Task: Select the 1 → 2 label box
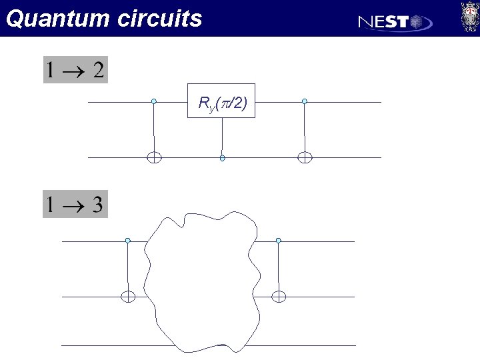[x=75, y=70]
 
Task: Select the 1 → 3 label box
[x=75, y=204]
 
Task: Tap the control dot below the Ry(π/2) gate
[x=222, y=158]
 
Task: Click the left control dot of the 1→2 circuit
[x=154, y=101]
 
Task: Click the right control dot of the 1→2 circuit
[x=305, y=101]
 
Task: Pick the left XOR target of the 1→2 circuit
[x=154, y=158]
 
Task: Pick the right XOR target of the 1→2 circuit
[x=305, y=158]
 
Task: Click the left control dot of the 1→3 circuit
[x=128, y=241]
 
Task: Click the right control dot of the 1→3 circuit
[x=279, y=241]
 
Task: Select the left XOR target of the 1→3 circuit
[x=128, y=297]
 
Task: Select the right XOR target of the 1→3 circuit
[x=279, y=297]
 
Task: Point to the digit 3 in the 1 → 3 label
[x=97, y=204]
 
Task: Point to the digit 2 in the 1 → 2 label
[x=98, y=70]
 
